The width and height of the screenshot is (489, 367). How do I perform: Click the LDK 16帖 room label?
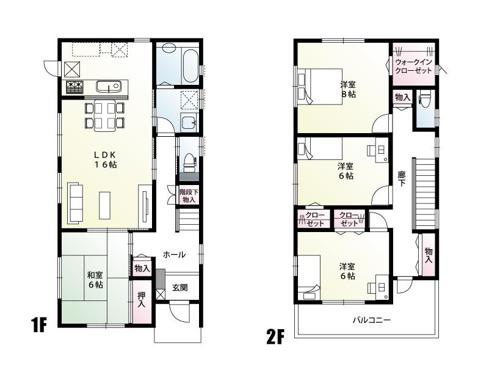tap(106, 160)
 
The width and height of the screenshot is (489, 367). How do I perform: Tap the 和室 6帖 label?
tap(95, 280)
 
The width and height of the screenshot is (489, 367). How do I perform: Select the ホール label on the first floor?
tap(175, 254)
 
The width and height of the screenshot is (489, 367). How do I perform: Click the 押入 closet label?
tap(141, 300)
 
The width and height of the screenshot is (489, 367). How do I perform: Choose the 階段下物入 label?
tap(188, 196)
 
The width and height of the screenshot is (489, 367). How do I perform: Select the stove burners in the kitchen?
tap(74, 87)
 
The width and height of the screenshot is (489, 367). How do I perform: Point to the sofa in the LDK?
tap(76, 202)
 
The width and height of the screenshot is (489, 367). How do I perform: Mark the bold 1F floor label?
tap(40, 325)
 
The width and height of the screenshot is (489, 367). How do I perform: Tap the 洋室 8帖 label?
tap(348, 90)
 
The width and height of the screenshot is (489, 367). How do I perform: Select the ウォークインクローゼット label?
tap(413, 67)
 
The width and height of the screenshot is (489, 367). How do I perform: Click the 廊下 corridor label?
tap(402, 177)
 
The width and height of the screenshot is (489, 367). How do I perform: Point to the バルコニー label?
tap(371, 320)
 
